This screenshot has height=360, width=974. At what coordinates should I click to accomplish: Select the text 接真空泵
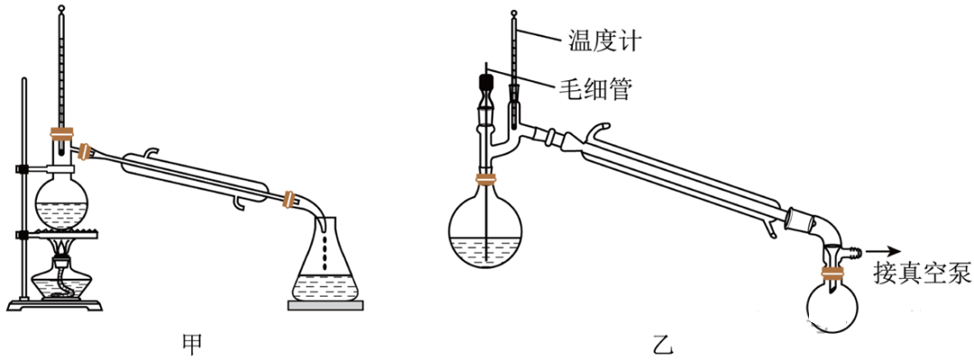[x=921, y=270]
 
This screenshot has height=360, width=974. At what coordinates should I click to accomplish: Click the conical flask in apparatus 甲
[x=326, y=260]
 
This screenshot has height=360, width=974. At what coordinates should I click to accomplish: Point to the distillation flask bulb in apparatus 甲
[x=61, y=205]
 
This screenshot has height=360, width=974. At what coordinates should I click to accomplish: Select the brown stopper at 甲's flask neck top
[x=61, y=133]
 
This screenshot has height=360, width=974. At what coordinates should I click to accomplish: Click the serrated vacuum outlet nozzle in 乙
[x=855, y=252]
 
